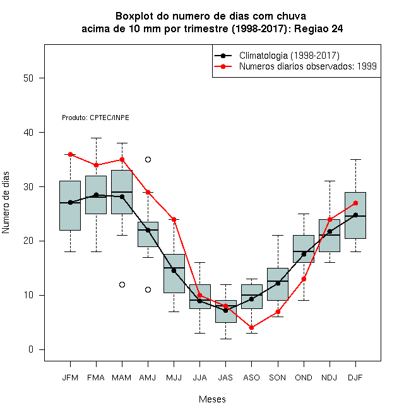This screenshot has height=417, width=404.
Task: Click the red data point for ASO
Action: click(251, 328)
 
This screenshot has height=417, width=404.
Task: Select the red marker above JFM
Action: click(71, 154)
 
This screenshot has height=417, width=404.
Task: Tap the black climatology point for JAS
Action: click(225, 310)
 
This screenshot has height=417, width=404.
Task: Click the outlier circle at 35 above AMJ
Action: click(148, 160)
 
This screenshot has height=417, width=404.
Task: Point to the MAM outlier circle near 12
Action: click(122, 284)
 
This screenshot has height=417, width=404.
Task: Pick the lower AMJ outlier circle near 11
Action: click(148, 289)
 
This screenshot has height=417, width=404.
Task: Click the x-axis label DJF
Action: click(355, 378)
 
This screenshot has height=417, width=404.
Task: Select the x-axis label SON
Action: click(278, 378)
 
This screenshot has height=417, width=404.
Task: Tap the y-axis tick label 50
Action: click(28, 78)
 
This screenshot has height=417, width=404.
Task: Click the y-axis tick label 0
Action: click(31, 349)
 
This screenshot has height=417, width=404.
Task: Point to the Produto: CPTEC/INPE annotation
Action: click(96, 118)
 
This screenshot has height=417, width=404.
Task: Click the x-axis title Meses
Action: click(212, 399)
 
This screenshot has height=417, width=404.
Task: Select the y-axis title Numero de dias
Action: click(6, 203)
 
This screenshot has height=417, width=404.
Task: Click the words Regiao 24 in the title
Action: click(318, 28)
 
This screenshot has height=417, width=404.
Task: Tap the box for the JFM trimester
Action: click(70, 205)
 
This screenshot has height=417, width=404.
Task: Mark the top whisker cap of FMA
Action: click(96, 138)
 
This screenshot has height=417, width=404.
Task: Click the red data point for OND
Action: click(304, 279)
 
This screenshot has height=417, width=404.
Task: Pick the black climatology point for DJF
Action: click(355, 215)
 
